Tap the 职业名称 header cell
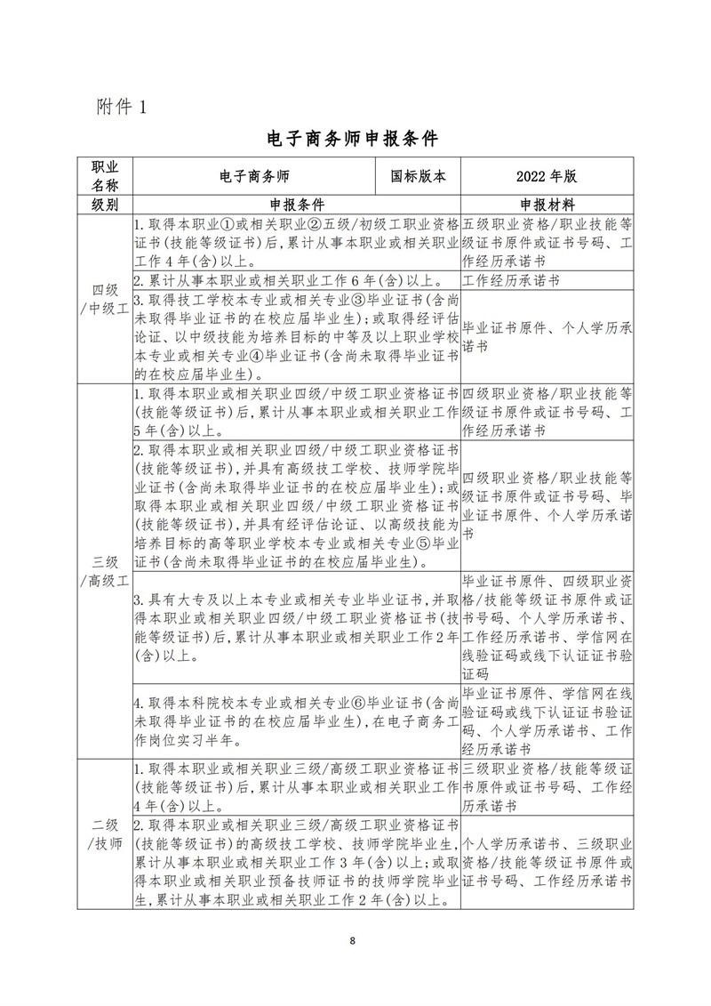105,176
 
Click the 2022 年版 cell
546,176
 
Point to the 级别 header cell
105,205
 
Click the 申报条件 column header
296,205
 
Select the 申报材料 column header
546,205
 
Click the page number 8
354,941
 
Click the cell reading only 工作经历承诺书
507,279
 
